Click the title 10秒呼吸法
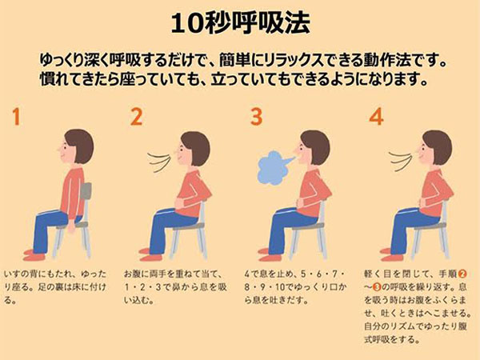240,23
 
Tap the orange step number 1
16,117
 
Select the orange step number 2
137,117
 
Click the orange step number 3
256,117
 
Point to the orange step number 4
376,117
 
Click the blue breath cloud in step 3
273,167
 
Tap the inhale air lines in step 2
158,162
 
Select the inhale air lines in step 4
401,161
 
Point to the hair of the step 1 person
80,145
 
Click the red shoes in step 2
150,254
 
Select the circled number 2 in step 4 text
462,274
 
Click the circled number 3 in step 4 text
377,287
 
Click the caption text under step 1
55,287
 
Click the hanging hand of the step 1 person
72,226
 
